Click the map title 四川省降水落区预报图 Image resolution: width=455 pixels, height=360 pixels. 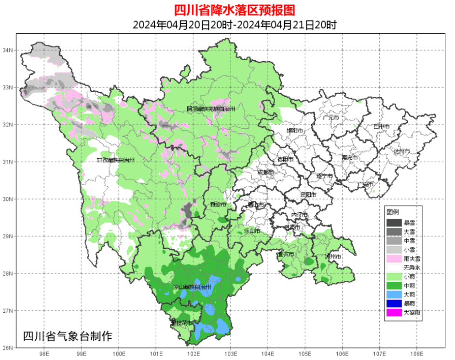(x=227, y=9)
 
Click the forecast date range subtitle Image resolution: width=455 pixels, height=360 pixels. (x=227, y=25)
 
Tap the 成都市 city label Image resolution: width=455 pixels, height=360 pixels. (x=265, y=172)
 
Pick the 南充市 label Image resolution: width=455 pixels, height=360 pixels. (x=350, y=158)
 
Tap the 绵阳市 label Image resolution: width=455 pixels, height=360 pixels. (x=295, y=130)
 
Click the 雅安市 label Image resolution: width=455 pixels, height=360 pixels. (x=219, y=205)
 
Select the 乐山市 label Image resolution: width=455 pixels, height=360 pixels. (x=251, y=231)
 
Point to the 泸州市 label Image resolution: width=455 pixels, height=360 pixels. (x=333, y=256)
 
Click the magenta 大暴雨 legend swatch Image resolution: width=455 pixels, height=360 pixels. (x=394, y=313)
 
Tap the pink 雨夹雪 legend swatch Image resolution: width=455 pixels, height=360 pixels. (x=394, y=259)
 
